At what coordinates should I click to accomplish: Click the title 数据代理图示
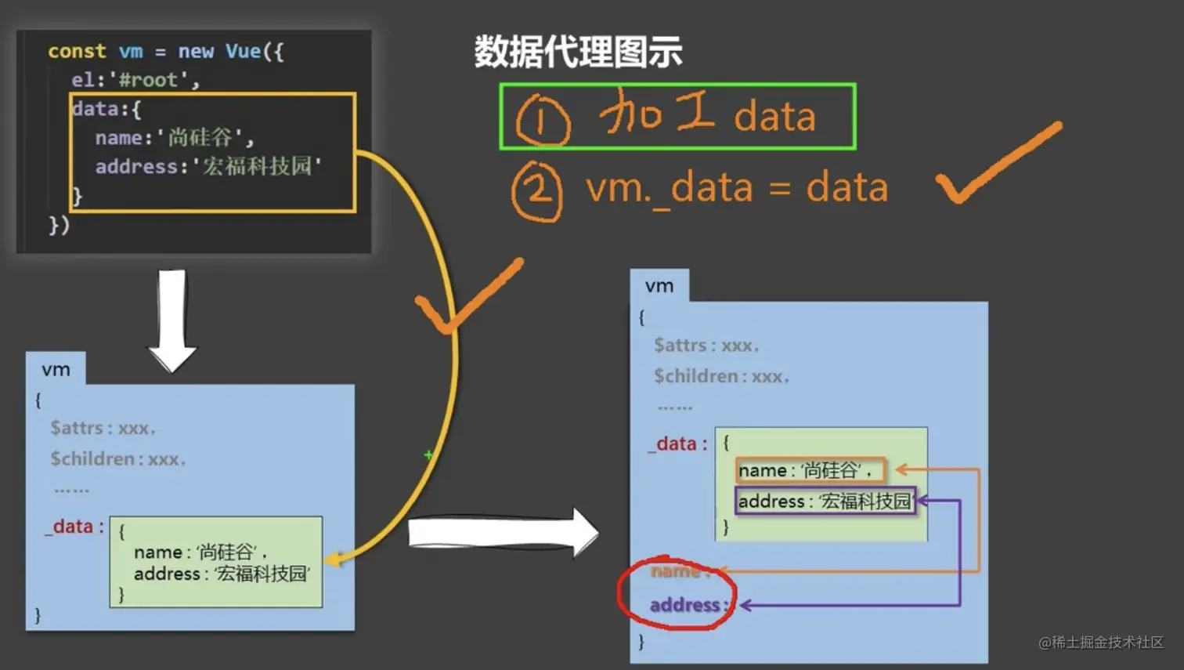(578, 53)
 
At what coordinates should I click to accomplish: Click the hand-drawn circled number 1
(543, 120)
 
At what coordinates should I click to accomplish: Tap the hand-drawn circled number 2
(537, 191)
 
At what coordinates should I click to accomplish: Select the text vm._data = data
(737, 189)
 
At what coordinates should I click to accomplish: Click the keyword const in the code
(77, 52)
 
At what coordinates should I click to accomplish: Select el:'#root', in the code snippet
(135, 80)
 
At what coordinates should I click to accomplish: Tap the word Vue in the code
(244, 52)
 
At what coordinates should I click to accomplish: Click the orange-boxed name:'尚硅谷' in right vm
(810, 470)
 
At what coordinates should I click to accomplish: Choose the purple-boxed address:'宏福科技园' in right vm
(825, 502)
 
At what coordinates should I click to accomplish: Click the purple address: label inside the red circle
(687, 605)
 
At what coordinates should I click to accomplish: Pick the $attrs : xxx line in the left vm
(103, 428)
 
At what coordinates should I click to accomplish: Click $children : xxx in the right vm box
(721, 376)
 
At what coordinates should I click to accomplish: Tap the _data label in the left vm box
(74, 527)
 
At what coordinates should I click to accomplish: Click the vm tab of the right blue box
(659, 286)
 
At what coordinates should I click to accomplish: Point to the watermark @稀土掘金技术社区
(1101, 643)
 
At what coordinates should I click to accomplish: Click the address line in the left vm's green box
(222, 574)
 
